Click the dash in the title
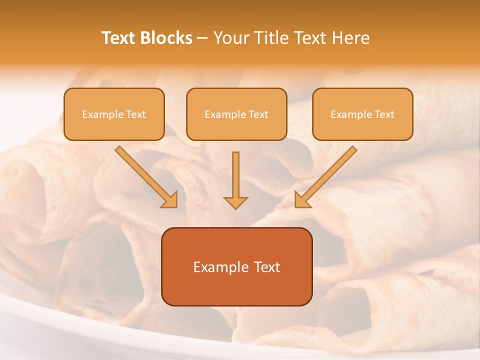pos(203,38)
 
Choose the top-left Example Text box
pos(114,114)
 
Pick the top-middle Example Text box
pos(236,114)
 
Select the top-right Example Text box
pos(362,114)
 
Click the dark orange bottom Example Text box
pos(236,266)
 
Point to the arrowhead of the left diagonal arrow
pos(170,199)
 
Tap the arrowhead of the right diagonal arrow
pos(302,199)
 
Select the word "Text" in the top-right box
pos(384,114)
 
